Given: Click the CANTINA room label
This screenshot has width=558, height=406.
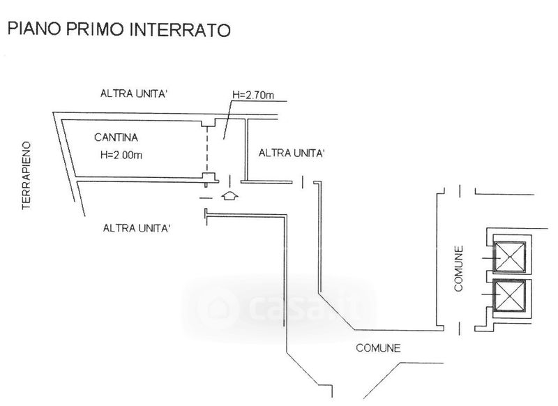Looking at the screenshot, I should [x=115, y=137].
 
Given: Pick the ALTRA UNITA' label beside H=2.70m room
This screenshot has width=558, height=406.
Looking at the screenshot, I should [x=292, y=153].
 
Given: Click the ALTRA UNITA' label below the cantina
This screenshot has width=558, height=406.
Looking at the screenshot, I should [x=137, y=228].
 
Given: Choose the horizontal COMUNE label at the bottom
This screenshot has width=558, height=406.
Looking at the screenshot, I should [x=377, y=347].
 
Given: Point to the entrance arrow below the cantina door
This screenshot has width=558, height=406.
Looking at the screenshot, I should [x=228, y=196].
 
